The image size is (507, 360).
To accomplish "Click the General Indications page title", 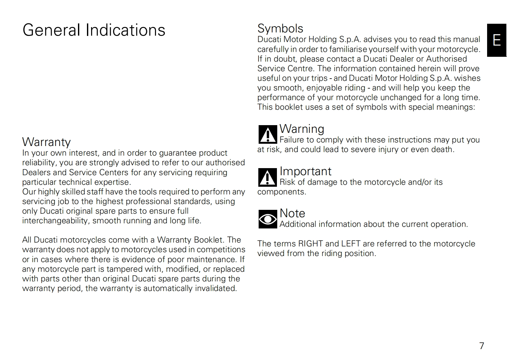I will click(x=94, y=30).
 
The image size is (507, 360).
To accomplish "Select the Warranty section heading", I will click(x=47, y=142).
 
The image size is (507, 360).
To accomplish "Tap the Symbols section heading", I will click(x=280, y=28).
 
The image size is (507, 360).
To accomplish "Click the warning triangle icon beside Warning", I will click(x=268, y=134).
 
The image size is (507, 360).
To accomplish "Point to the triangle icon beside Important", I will click(x=268, y=177).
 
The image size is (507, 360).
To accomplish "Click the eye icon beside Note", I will click(x=268, y=219).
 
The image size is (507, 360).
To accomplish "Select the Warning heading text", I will click(x=302, y=129).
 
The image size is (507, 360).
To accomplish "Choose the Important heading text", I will click(x=305, y=171).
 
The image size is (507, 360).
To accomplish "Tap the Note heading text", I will click(x=292, y=213).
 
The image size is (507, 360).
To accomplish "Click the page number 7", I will click(x=481, y=346).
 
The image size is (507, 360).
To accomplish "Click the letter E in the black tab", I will click(x=496, y=40).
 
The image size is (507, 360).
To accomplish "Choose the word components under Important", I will click(x=281, y=192).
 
